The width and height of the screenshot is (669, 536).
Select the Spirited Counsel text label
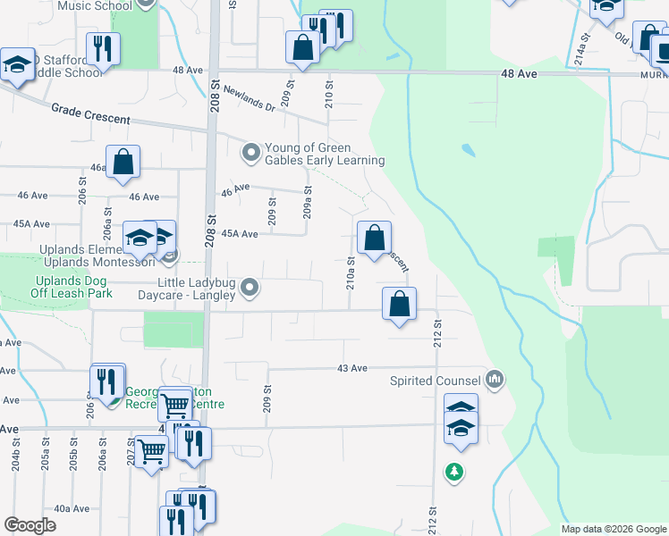coord(435,381)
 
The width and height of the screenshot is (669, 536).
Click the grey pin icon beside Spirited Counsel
coord(495,381)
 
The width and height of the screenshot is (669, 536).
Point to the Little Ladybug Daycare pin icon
coord(250,288)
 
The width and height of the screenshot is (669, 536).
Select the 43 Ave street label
coord(353,368)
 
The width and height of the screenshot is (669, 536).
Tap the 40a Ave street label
coord(72,508)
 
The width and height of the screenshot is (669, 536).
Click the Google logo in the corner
coord(30,526)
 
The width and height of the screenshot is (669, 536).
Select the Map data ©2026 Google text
coord(614,529)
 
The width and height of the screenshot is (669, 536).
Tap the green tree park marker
coord(455,471)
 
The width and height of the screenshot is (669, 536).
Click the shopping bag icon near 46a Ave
coord(123,162)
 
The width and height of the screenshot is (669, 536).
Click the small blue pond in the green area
coord(465,148)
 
